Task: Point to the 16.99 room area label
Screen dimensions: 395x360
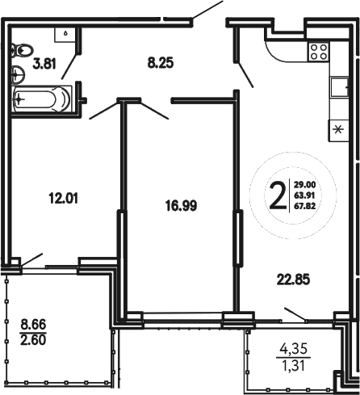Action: click(x=178, y=205)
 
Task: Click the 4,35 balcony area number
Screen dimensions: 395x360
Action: click(x=294, y=351)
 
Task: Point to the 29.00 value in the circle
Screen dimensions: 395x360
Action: click(x=304, y=184)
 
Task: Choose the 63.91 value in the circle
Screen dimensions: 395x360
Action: click(x=304, y=195)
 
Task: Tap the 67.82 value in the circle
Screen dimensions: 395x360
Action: click(x=304, y=205)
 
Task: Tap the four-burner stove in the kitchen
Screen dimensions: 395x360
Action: click(x=318, y=53)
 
